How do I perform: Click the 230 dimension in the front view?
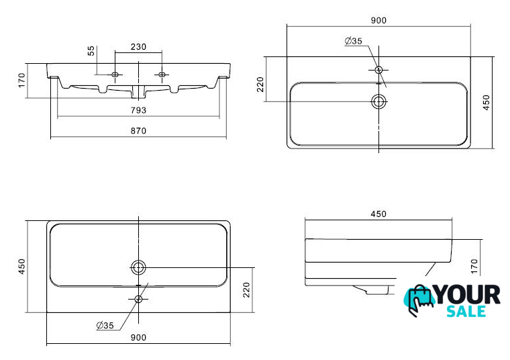coord(138,47)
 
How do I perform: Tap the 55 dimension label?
coord(91,50)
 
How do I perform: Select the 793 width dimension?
coord(138,110)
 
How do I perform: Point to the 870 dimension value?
coord(138,131)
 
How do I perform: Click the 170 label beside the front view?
coord(21,80)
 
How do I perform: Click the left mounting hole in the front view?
coord(115,75)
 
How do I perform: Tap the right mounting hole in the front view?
coord(162,75)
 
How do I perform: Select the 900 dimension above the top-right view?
coord(378,21)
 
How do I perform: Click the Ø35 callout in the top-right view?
coord(353,41)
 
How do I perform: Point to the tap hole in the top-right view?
coord(378,70)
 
